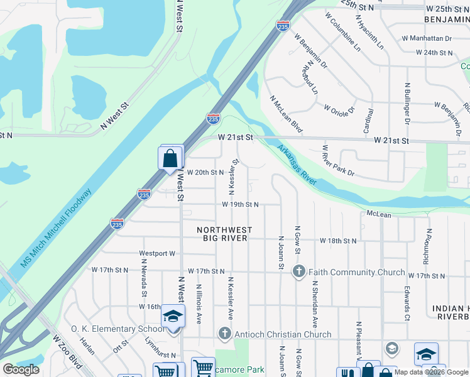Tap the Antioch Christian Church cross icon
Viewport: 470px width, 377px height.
(224, 334)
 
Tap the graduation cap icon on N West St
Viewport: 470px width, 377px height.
(173, 316)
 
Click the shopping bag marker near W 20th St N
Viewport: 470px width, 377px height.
(170, 158)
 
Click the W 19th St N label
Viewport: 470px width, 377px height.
(240, 205)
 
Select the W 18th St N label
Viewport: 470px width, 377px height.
(338, 241)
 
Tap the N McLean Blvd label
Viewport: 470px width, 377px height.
(286, 114)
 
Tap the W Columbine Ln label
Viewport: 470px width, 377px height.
(342, 31)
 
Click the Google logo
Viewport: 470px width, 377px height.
(21, 369)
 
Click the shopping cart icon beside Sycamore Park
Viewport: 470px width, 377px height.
(203, 368)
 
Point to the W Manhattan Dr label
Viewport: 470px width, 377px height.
(430, 38)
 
